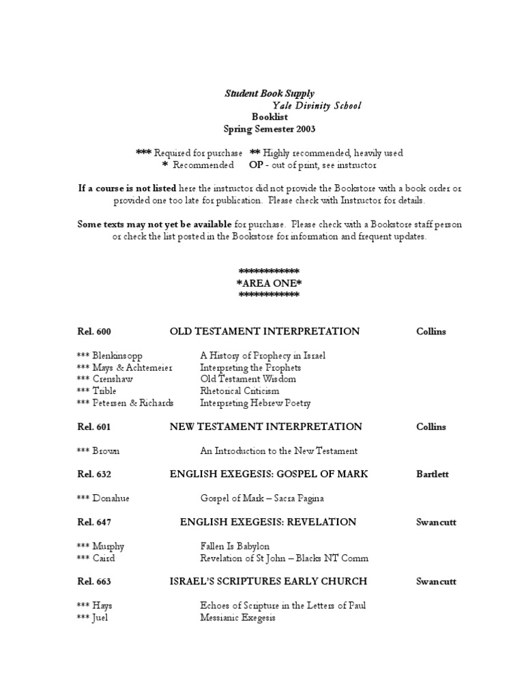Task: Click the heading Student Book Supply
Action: pos(270,94)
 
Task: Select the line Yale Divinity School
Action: pos(317,106)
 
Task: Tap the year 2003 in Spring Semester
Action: pos(303,128)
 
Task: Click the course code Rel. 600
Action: pos(94,332)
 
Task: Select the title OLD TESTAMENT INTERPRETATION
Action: pos(265,332)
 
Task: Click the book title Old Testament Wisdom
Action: pos(248,380)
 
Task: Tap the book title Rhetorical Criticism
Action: pos(239,391)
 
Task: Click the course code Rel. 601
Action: pos(94,427)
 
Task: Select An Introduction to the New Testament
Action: pos(278,451)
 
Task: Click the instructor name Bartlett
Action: pos(433,475)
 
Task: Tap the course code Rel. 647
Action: pos(94,522)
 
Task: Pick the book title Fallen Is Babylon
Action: pos(235,546)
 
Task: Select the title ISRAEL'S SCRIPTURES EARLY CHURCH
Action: pos(268,582)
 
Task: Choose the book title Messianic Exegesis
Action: pos(237,618)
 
